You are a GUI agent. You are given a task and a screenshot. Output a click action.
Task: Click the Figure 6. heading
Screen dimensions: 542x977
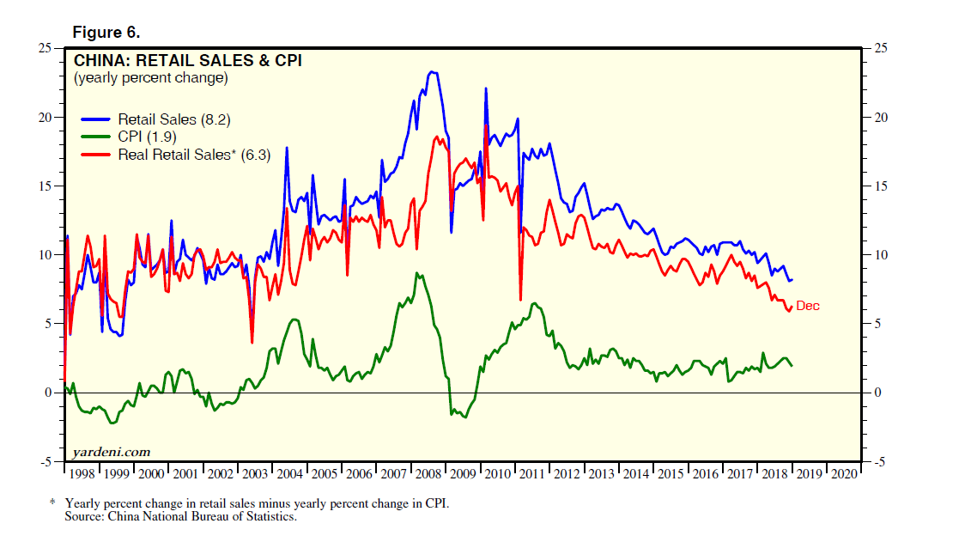[x=106, y=33]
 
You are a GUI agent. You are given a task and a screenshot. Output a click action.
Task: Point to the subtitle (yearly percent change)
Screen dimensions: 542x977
[x=150, y=78]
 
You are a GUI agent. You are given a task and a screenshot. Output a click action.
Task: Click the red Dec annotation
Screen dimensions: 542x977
[x=808, y=306]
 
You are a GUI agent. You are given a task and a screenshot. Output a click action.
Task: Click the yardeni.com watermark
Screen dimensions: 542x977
[x=109, y=451]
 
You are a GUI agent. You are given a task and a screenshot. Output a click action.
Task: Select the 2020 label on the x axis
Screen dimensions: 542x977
[x=842, y=473]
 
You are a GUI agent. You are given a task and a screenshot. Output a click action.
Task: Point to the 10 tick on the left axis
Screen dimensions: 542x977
[x=46, y=255]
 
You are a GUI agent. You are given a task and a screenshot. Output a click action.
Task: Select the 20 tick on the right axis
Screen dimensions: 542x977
[x=879, y=118]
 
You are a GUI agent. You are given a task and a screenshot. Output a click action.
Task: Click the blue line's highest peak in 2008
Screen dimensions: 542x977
[x=432, y=72]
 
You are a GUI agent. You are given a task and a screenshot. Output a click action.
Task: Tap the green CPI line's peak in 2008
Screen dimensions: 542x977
[x=416, y=273]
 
